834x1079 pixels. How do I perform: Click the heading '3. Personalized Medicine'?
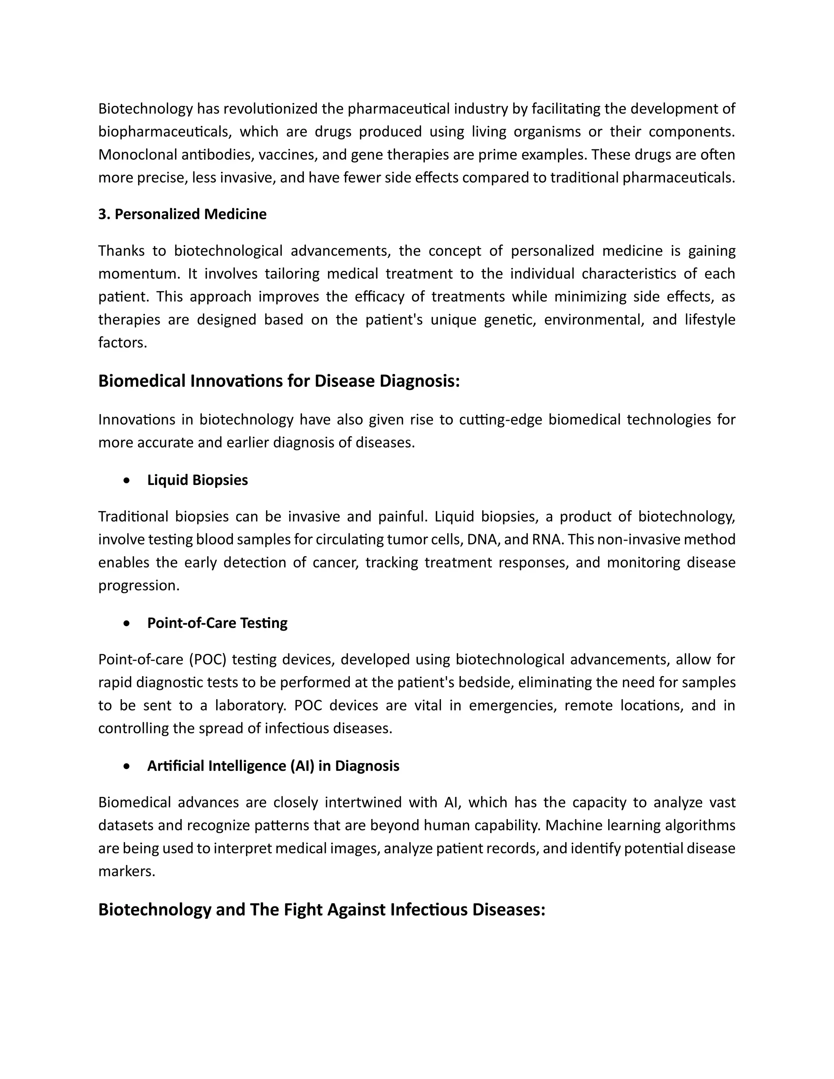pyautogui.click(x=182, y=215)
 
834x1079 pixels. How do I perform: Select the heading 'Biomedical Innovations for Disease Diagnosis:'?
pyautogui.click(x=279, y=382)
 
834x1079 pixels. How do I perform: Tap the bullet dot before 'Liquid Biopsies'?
pyautogui.click(x=127, y=480)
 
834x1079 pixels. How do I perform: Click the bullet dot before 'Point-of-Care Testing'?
pyautogui.click(x=127, y=623)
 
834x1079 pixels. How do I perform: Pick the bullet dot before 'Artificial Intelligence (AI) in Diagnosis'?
pyautogui.click(x=127, y=766)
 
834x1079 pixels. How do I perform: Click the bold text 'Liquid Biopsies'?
pyautogui.click(x=197, y=480)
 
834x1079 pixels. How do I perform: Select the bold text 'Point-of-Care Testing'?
pyautogui.click(x=217, y=623)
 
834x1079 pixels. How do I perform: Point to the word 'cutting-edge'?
pyautogui.click(x=500, y=420)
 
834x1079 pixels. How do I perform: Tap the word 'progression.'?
pyautogui.click(x=139, y=586)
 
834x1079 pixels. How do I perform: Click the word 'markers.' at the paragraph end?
pyautogui.click(x=127, y=871)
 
